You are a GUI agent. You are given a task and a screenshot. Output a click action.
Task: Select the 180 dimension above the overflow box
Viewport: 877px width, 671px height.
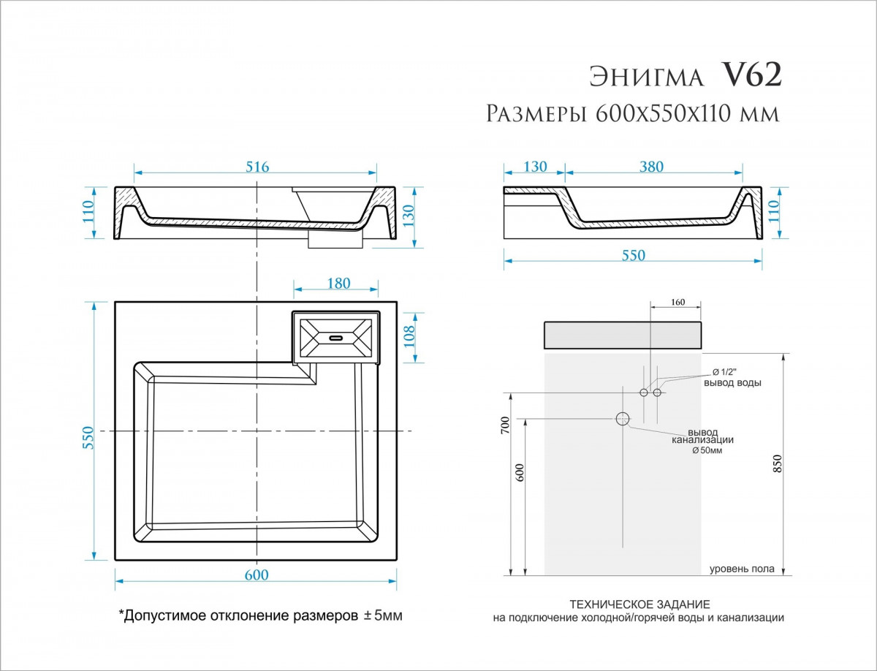pos(339,283)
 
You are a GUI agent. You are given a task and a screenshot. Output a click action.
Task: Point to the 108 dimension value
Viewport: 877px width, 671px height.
pos(409,336)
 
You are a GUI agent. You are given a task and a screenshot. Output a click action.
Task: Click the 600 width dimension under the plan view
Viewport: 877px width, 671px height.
pos(256,575)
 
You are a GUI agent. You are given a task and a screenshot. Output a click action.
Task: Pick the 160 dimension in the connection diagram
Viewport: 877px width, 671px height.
pos(678,302)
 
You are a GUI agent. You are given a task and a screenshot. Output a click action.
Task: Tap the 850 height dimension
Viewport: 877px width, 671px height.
pos(777,463)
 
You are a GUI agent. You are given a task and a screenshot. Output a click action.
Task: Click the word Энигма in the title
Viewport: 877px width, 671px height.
pos(646,77)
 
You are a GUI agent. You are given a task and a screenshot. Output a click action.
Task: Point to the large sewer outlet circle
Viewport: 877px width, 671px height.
pos(623,418)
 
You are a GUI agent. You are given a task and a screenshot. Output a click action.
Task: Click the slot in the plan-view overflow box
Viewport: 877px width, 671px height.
pos(335,338)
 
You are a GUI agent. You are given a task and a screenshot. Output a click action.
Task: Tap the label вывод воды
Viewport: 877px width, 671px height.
pos(732,382)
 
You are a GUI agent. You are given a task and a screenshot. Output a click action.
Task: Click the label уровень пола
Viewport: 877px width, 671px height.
pos(742,568)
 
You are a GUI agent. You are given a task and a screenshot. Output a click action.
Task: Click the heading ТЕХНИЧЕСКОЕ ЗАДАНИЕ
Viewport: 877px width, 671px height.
pos(639,604)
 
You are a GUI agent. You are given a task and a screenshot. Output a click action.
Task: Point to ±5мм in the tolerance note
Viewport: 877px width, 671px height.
pos(383,615)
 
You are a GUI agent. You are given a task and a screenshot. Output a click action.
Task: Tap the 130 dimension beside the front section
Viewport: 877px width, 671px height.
pos(409,216)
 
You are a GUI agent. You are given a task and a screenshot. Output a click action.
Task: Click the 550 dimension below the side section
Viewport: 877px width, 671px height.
pos(634,255)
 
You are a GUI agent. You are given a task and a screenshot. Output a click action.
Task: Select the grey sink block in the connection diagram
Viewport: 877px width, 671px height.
pos(623,335)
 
